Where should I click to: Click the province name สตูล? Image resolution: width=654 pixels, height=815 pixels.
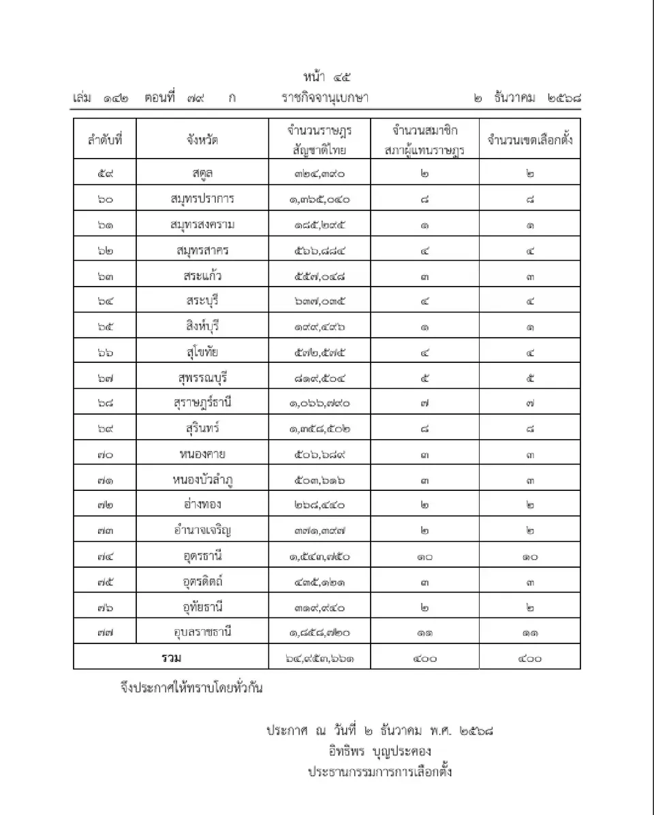pyautogui.click(x=202, y=173)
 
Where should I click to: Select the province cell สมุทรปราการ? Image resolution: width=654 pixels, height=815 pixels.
pyautogui.click(x=202, y=199)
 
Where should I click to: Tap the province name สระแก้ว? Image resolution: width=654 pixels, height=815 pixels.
pyautogui.click(x=202, y=276)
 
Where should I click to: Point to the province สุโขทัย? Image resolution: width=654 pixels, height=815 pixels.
pyautogui.click(x=202, y=351)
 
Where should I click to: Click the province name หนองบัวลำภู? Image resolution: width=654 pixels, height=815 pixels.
pyautogui.click(x=202, y=479)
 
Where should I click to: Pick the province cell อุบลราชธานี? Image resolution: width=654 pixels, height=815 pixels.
pyautogui.click(x=202, y=632)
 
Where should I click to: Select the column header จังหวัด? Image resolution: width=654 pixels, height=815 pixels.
pyautogui.click(x=202, y=140)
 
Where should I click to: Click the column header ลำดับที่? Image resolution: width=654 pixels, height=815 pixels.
pyautogui.click(x=105, y=140)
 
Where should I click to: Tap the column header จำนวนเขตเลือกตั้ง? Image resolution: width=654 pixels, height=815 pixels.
pyautogui.click(x=530, y=140)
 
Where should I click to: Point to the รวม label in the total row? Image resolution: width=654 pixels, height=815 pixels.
pyautogui.click(x=171, y=658)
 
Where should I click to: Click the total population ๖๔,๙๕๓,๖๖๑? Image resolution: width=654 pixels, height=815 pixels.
pyautogui.click(x=320, y=658)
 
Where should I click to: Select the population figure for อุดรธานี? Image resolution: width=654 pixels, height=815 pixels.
pyautogui.click(x=320, y=556)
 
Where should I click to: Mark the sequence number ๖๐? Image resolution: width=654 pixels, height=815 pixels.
pyautogui.click(x=105, y=199)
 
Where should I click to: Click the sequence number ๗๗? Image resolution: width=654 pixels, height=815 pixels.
pyautogui.click(x=105, y=632)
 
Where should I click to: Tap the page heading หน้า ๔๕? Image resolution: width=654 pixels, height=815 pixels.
pyautogui.click(x=327, y=75)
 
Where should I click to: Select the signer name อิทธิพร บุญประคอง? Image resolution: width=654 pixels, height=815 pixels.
pyautogui.click(x=379, y=752)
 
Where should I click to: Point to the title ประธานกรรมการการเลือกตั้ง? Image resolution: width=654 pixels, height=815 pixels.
pyautogui.click(x=379, y=772)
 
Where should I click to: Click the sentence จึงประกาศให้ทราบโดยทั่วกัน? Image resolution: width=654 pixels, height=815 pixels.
pyautogui.click(x=190, y=688)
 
